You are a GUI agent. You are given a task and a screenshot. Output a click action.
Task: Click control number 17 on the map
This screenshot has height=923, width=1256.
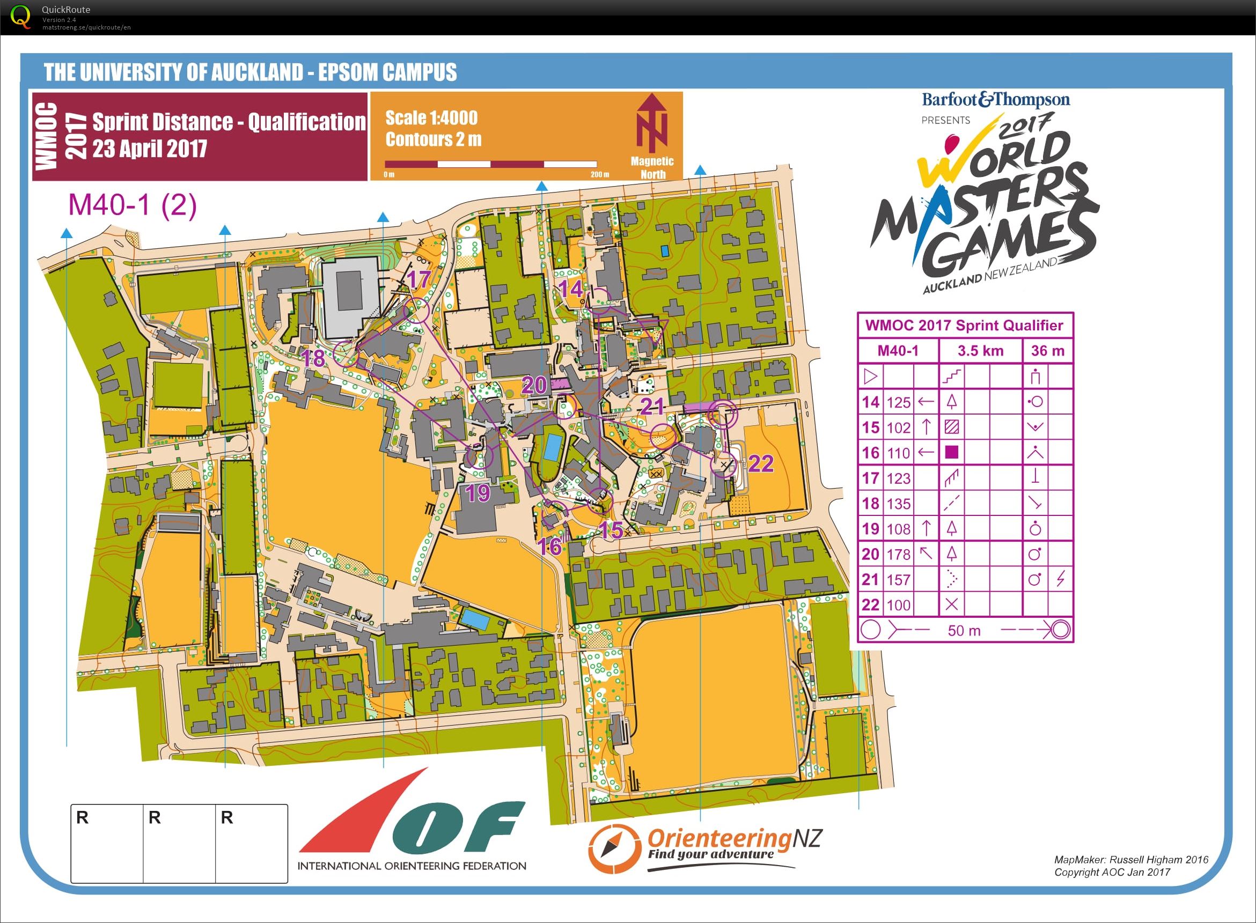click(418, 279)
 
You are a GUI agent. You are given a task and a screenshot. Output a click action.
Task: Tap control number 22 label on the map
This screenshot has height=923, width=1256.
click(760, 463)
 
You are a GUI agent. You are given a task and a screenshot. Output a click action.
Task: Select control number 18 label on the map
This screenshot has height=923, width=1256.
click(313, 358)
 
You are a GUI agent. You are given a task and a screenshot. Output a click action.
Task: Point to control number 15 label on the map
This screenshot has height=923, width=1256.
click(611, 530)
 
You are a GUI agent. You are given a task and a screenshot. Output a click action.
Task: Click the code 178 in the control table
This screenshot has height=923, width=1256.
click(898, 554)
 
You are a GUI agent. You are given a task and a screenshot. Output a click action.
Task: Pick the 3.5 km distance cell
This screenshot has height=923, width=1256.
click(980, 351)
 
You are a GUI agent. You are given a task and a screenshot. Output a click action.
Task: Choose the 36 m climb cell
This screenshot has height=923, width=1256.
click(1047, 351)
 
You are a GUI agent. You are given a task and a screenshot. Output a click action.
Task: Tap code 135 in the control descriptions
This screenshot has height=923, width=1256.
click(898, 504)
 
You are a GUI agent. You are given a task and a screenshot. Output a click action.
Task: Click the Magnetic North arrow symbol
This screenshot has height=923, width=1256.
click(652, 123)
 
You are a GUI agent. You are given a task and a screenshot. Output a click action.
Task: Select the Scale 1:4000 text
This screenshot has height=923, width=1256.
click(431, 118)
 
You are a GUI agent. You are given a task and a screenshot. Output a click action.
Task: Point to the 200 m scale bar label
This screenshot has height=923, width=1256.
click(599, 174)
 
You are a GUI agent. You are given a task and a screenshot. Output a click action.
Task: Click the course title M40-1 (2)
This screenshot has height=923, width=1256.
click(133, 204)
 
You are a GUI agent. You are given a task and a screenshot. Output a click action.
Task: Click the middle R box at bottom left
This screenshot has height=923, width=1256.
click(179, 843)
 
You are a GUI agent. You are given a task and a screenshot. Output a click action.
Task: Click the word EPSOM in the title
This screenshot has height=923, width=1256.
click(347, 72)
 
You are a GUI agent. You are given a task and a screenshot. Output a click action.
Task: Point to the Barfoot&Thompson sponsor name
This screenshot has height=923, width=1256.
click(996, 100)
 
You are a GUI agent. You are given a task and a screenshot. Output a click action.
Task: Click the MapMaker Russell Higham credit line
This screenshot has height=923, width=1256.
click(1131, 859)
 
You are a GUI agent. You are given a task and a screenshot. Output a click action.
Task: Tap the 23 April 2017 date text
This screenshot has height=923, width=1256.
click(150, 149)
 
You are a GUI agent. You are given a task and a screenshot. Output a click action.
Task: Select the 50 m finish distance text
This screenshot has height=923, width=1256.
click(964, 630)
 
